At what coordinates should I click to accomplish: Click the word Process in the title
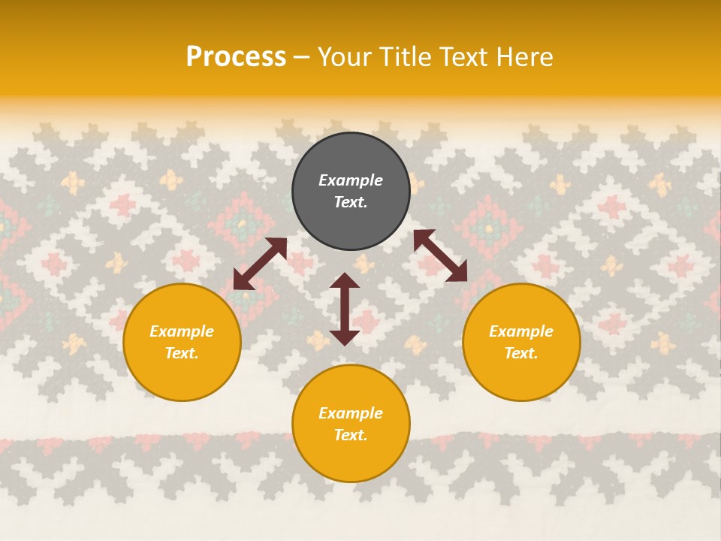[x=236, y=57]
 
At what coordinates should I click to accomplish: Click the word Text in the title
[x=463, y=57]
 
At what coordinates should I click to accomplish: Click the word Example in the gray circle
[x=351, y=180]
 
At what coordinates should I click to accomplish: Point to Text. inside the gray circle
[x=351, y=202]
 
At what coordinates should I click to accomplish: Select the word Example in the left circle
[x=182, y=331]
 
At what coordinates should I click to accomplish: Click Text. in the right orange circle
[x=521, y=353]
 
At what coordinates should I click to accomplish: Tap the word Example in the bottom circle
[x=351, y=413]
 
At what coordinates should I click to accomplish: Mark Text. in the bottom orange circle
[x=351, y=435]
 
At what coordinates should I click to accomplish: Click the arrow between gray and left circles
[x=260, y=264]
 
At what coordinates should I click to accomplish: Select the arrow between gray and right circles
[x=440, y=255]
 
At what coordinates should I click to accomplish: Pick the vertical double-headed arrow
[x=345, y=309]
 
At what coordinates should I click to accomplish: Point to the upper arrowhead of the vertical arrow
[x=345, y=280]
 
